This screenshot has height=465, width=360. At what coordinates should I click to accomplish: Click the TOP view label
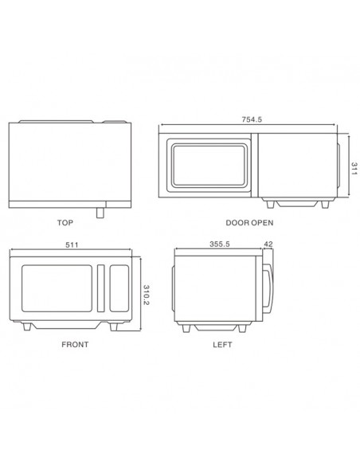point(65,222)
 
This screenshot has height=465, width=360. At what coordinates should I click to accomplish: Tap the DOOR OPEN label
point(249,223)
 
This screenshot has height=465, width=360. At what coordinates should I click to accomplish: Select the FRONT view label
point(75,345)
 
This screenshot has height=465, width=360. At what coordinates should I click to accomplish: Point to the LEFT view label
point(222,345)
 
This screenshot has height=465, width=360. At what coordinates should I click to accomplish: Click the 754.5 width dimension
point(252,119)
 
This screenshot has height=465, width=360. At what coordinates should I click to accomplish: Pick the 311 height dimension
point(354,169)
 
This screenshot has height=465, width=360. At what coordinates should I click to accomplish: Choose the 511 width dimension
point(72,244)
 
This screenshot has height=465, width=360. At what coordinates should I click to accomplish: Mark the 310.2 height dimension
point(147,295)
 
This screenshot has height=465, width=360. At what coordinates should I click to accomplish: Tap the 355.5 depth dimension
point(220,244)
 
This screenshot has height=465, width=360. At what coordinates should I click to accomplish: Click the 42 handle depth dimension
point(268,244)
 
